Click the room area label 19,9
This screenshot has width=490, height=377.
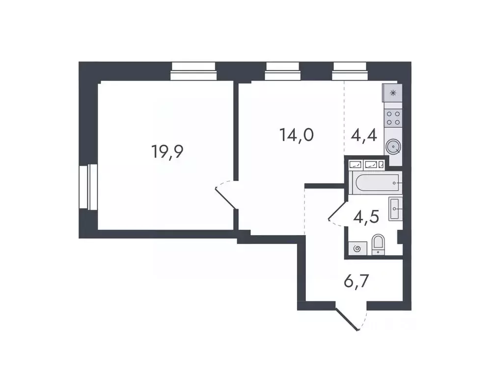167,152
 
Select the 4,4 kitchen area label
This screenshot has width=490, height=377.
364,134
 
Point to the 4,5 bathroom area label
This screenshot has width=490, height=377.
367,216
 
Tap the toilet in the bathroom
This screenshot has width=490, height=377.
379,244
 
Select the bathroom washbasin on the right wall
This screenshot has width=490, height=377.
396,208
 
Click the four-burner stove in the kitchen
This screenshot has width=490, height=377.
393,118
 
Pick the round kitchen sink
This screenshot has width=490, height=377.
393,146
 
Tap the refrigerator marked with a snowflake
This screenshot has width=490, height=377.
393,93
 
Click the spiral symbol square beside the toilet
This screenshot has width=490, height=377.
357,248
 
